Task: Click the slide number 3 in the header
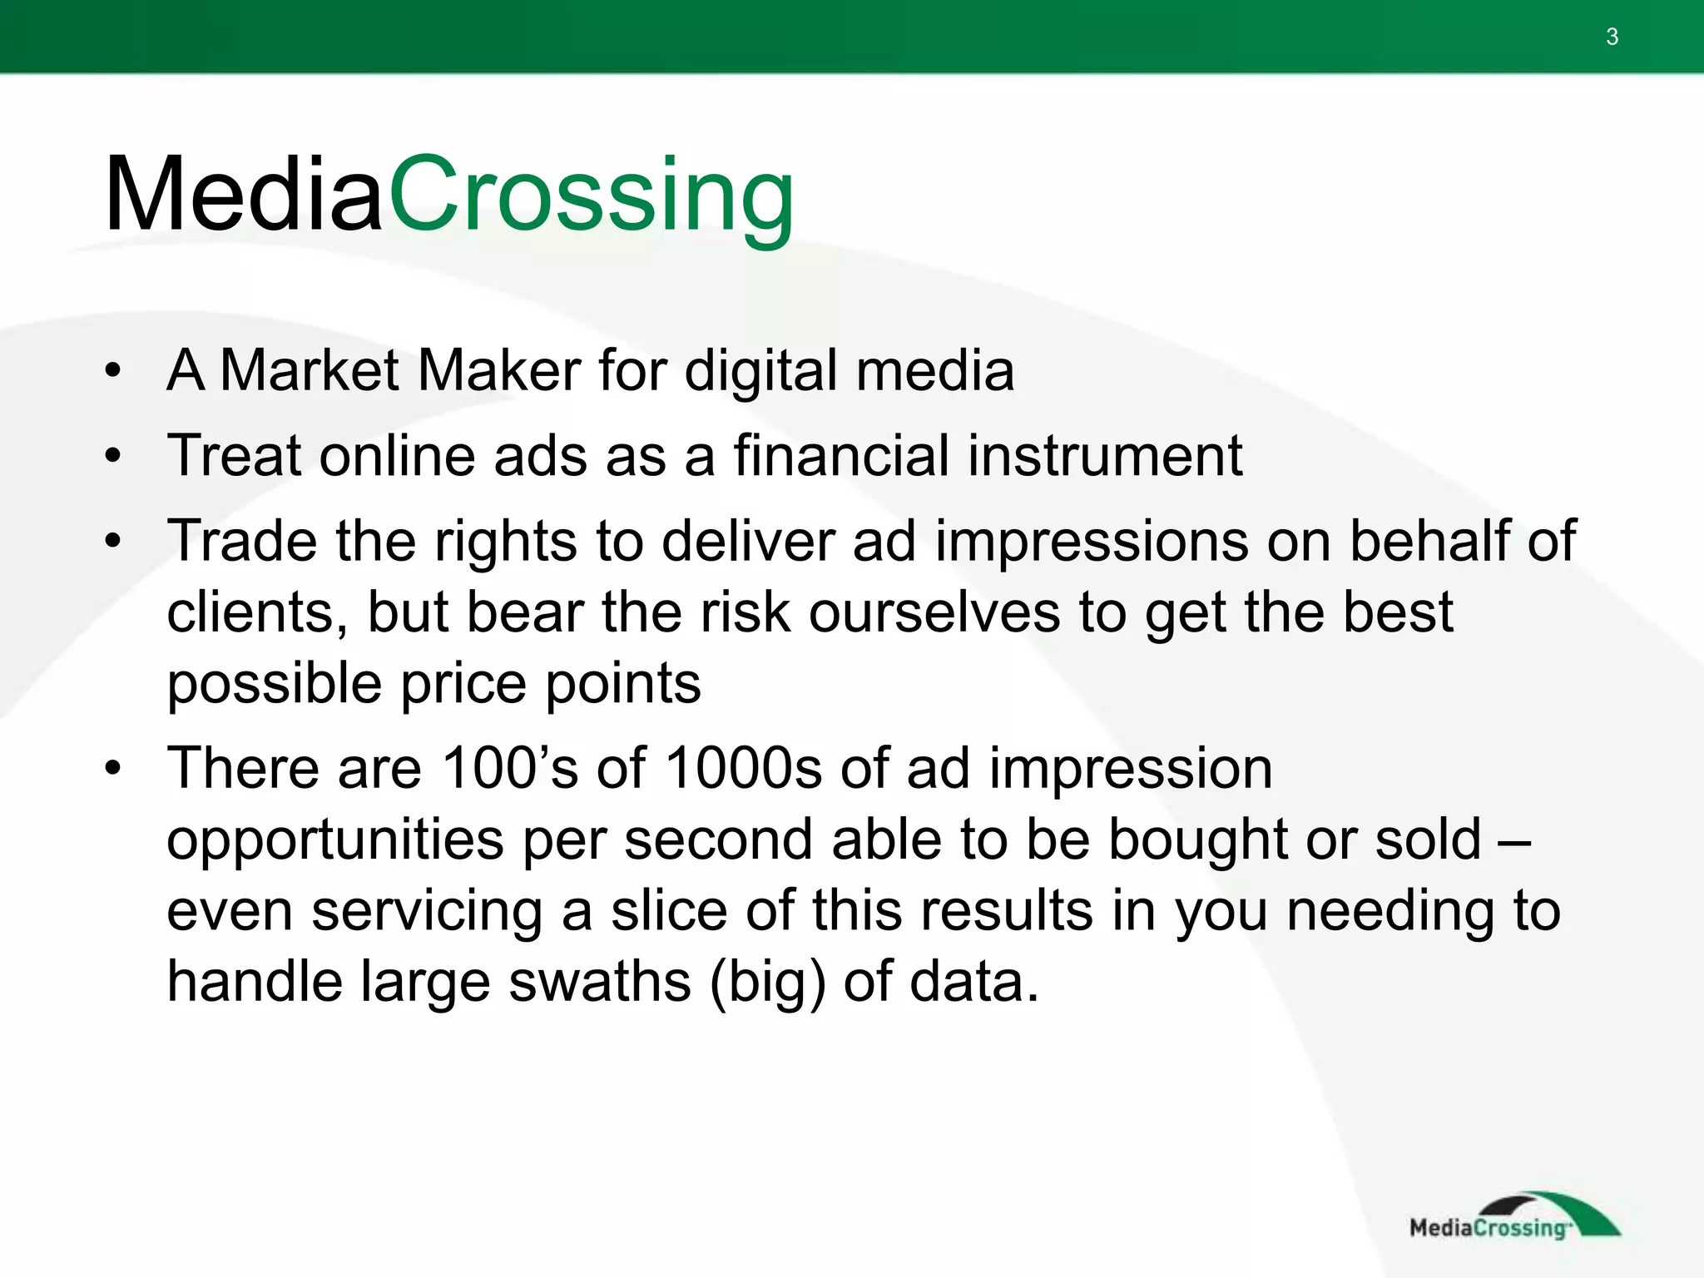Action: click(1612, 37)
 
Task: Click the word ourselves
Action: click(934, 612)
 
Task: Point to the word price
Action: click(464, 684)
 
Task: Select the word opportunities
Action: click(334, 840)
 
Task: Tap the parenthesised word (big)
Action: click(768, 982)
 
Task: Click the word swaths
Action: click(599, 982)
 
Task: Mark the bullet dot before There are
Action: click(113, 767)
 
